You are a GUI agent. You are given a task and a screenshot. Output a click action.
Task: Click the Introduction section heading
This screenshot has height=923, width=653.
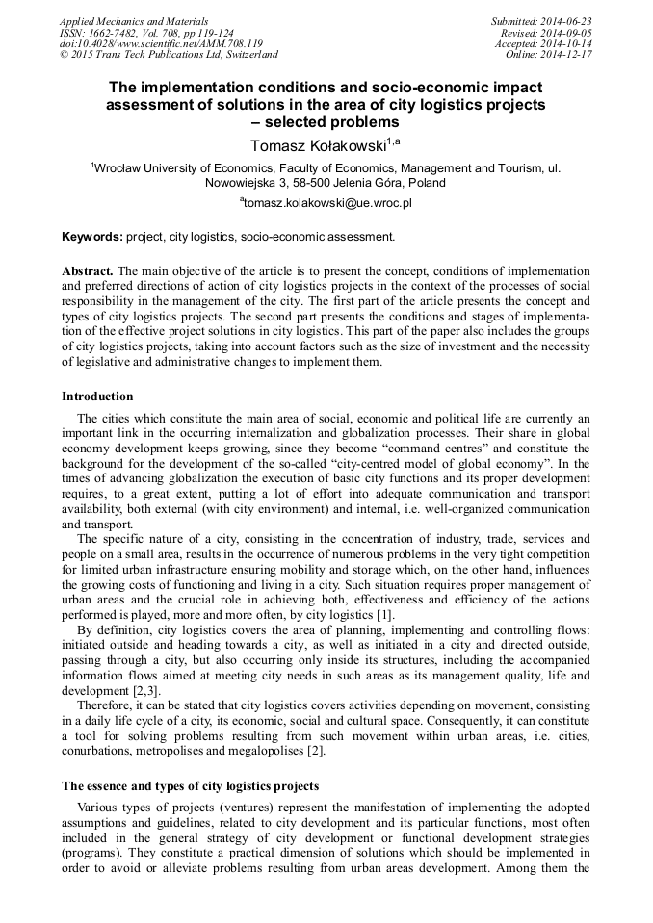(x=97, y=396)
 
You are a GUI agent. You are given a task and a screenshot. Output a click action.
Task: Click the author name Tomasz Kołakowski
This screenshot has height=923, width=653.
(x=310, y=145)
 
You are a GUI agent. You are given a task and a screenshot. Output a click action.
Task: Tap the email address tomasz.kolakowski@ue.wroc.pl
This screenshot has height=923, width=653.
(x=327, y=203)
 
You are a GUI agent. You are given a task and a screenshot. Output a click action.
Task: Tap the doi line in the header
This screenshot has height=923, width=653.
(x=147, y=44)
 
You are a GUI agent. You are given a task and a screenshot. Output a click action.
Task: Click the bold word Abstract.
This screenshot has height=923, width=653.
(x=88, y=272)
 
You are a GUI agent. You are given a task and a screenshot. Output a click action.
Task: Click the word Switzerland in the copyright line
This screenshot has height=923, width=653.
(x=247, y=55)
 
